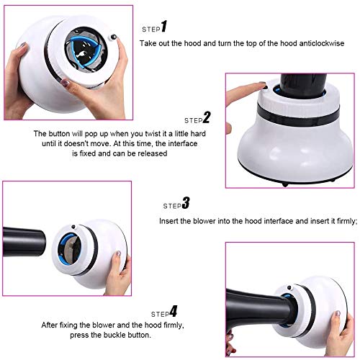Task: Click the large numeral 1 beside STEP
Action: pyautogui.click(x=164, y=27)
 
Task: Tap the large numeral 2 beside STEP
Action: pyautogui.click(x=207, y=117)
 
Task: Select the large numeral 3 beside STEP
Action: pyautogui.click(x=186, y=203)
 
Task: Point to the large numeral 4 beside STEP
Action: pyautogui.click(x=174, y=311)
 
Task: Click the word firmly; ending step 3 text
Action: pyautogui.click(x=347, y=221)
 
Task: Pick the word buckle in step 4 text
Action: pyautogui.click(x=115, y=335)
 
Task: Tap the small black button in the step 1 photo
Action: pyautogui.click(x=114, y=37)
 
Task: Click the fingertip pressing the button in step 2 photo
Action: pyautogui.click(x=262, y=84)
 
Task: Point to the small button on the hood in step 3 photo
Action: pyautogui.click(x=73, y=226)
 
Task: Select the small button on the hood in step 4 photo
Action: pyautogui.click(x=289, y=287)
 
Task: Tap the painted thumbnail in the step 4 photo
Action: pyautogui.click(x=338, y=313)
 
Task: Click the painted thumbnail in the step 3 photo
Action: pyautogui.click(x=118, y=254)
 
